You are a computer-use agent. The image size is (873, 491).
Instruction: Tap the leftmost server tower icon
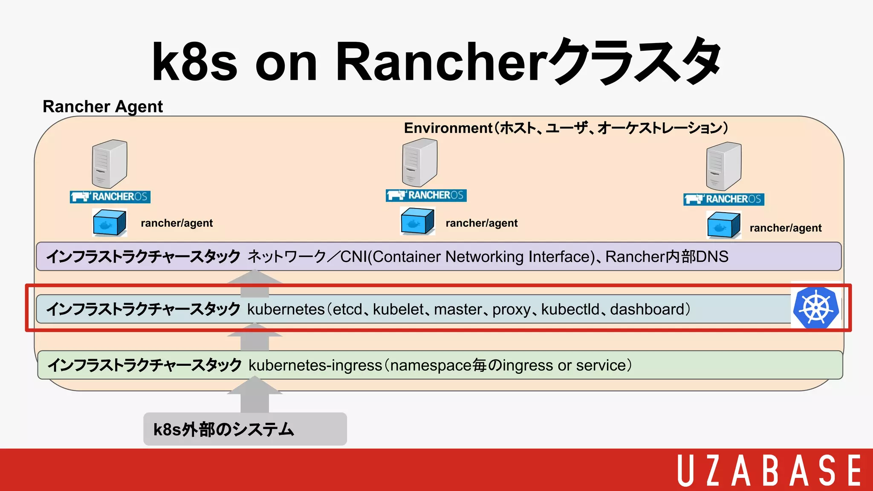[x=110, y=164]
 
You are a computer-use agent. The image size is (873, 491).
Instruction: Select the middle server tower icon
[x=419, y=163]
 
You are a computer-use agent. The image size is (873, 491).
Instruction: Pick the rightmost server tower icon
[x=723, y=166]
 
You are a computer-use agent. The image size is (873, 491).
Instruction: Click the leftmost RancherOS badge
[x=110, y=196]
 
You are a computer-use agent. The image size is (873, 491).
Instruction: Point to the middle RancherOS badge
[x=426, y=195]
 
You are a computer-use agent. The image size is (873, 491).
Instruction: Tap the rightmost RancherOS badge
[x=723, y=199]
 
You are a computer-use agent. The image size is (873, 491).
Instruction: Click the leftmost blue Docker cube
[x=110, y=222]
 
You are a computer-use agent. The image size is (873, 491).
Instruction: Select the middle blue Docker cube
[x=417, y=221]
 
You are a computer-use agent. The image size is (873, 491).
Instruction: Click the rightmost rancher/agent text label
[x=785, y=228]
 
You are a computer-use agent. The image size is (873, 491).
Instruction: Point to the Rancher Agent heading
[x=103, y=107]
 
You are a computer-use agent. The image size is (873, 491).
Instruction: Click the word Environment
[x=448, y=128]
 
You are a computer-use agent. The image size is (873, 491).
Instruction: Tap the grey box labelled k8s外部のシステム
[x=245, y=429]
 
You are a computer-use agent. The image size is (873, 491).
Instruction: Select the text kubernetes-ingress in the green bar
[x=315, y=365]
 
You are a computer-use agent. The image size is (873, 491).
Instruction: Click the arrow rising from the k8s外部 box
[x=254, y=395]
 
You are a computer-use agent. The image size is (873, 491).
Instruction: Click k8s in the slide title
[x=194, y=62]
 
